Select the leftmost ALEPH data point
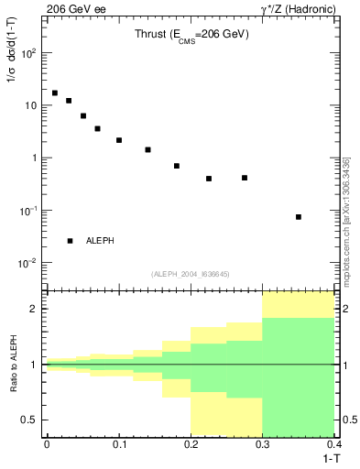click(x=55, y=93)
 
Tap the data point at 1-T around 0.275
click(x=245, y=178)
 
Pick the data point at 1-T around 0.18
click(x=177, y=166)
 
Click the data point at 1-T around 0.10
click(x=119, y=140)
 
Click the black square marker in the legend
click(x=70, y=241)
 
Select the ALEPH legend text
click(x=100, y=241)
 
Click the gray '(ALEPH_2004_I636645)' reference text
click(x=190, y=273)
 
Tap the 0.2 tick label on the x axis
click(x=191, y=443)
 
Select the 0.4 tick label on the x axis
click(x=333, y=443)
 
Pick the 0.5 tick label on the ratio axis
click(x=30, y=420)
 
